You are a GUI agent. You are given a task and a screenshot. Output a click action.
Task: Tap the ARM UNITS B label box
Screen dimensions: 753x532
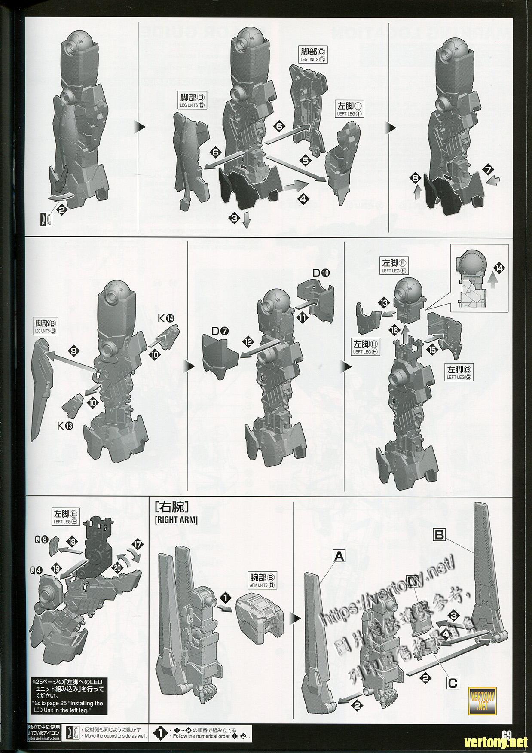[262, 580]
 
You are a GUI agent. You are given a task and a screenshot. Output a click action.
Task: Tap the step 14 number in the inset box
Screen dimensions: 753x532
[498, 268]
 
